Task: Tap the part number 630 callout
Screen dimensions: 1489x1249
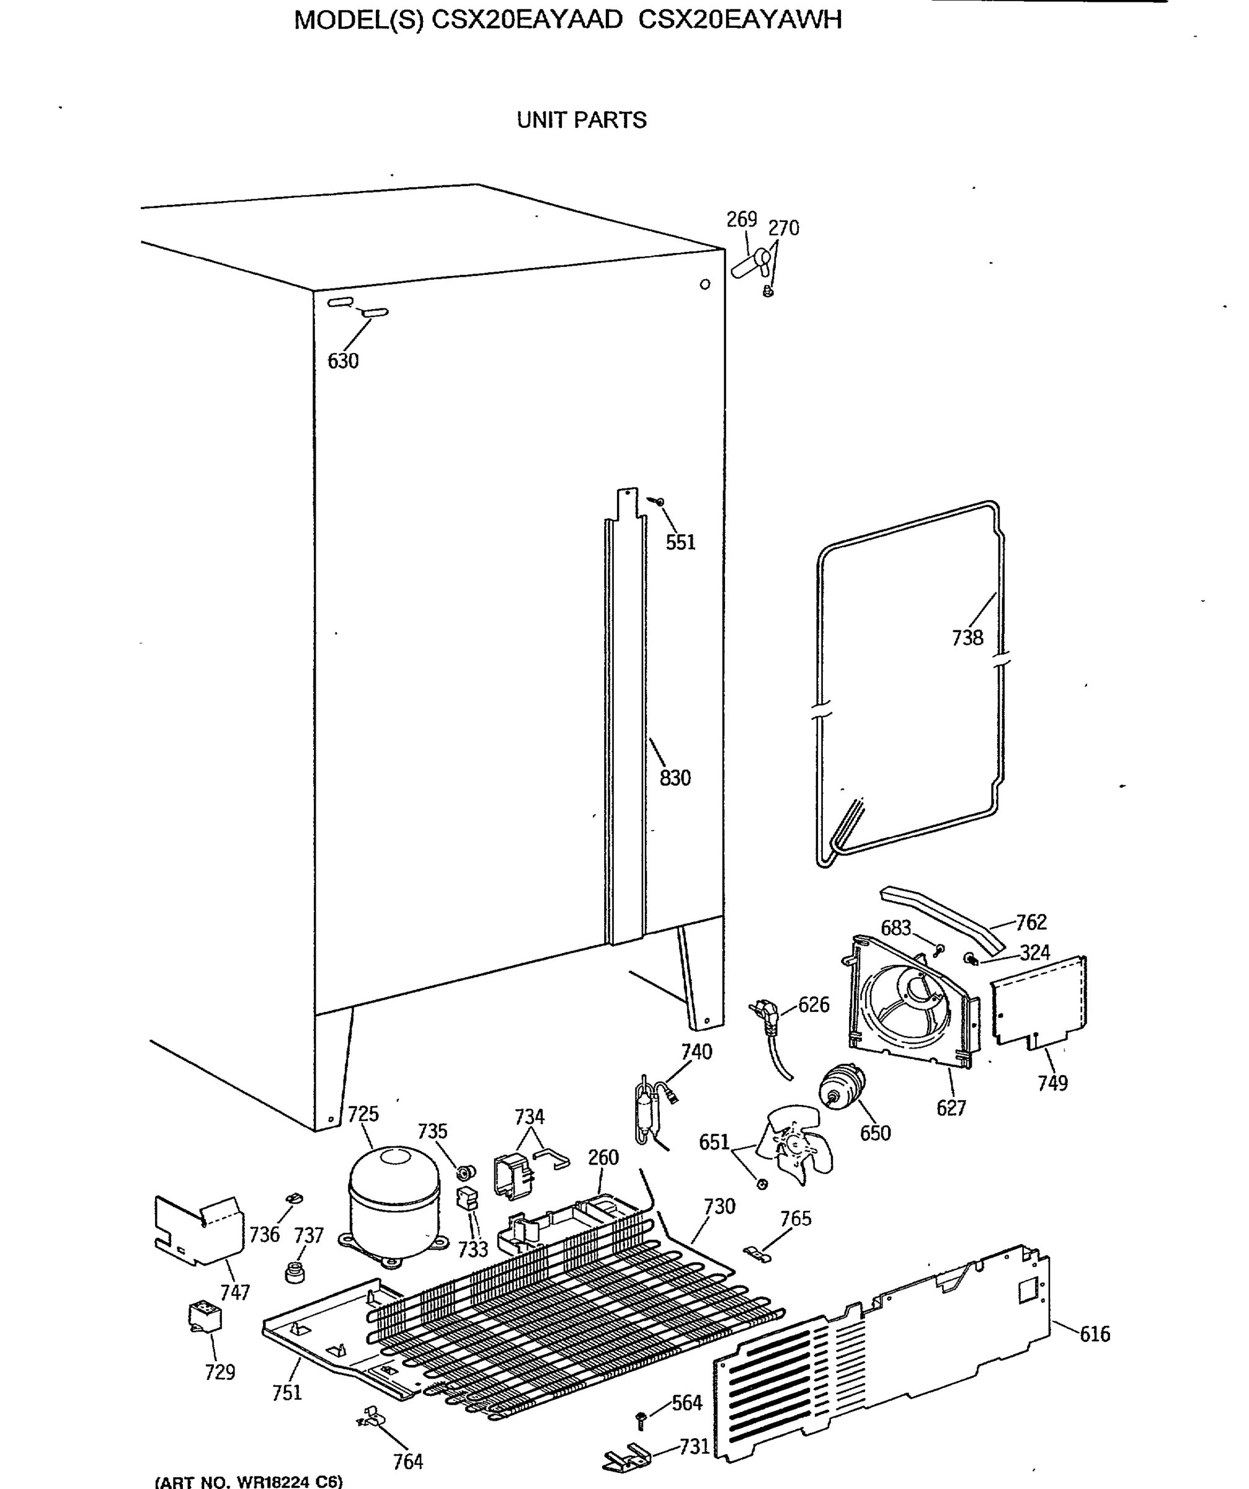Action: (x=342, y=361)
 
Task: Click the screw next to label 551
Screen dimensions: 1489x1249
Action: (x=659, y=501)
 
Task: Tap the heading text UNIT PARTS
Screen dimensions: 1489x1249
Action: (x=581, y=120)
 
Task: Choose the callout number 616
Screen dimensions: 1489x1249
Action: (x=1095, y=1334)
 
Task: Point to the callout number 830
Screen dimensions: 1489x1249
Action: (x=675, y=778)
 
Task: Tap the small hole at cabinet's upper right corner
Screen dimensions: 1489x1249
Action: (x=705, y=284)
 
